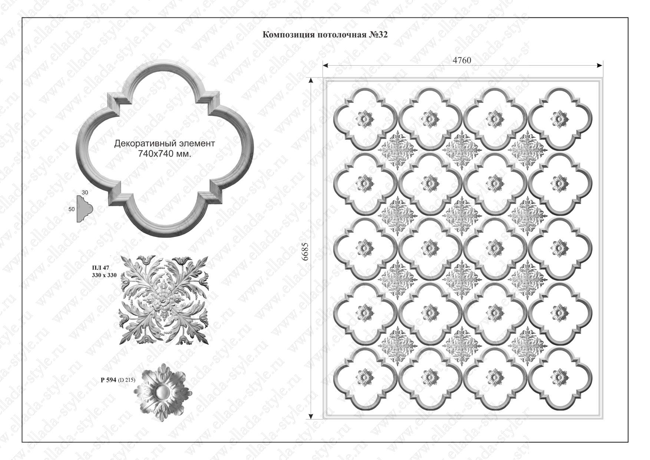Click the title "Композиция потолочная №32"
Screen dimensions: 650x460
(325, 35)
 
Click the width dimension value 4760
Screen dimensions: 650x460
(462, 60)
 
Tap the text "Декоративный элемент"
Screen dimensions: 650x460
(164, 143)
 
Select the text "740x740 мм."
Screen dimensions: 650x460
(165, 154)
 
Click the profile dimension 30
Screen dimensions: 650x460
(85, 193)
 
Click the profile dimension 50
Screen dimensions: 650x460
(72, 209)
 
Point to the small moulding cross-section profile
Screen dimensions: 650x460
(85, 210)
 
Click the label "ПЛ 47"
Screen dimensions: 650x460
(100, 268)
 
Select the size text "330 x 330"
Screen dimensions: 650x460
(104, 275)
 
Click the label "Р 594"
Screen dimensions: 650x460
(109, 380)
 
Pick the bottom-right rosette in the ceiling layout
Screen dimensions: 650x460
(560, 377)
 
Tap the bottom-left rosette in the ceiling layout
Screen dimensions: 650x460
(365, 377)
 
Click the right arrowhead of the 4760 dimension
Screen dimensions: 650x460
(599, 66)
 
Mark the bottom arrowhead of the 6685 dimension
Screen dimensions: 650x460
(311, 415)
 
